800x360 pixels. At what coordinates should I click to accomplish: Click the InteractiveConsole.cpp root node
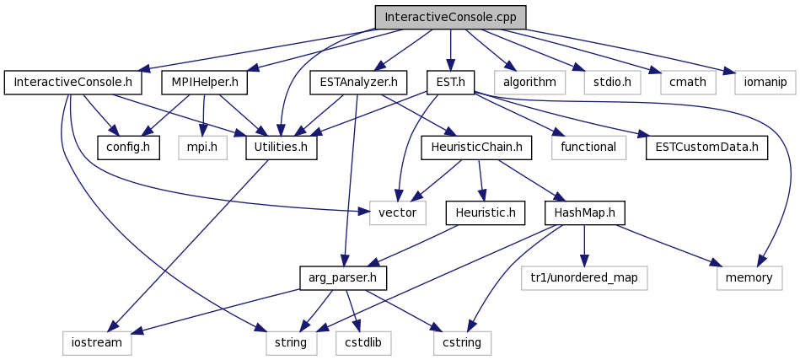point(450,18)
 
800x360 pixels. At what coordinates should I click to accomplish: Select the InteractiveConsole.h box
point(72,83)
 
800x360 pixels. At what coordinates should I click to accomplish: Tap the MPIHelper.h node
point(204,83)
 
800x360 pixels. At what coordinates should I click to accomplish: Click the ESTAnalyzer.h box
point(358,83)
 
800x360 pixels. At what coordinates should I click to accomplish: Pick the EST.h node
point(450,83)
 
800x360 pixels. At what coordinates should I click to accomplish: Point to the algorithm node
point(529,83)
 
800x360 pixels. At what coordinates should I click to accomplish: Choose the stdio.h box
point(612,83)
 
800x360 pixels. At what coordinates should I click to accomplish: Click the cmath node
point(688,83)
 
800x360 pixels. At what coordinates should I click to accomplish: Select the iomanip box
point(765,83)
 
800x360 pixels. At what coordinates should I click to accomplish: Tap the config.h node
point(129,148)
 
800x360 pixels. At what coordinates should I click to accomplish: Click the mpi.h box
point(202,148)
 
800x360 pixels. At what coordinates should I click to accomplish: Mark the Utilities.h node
point(281,148)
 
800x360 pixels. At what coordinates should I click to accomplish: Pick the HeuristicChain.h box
point(476,148)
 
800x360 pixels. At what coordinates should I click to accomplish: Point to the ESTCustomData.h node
point(706,148)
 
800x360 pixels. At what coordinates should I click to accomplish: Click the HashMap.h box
point(584,213)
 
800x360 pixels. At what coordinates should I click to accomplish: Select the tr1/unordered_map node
point(584,278)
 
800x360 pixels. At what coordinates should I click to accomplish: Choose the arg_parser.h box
point(343,278)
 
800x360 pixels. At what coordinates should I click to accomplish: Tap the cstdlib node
point(363,343)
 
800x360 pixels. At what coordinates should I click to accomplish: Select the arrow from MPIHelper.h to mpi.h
point(203,116)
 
